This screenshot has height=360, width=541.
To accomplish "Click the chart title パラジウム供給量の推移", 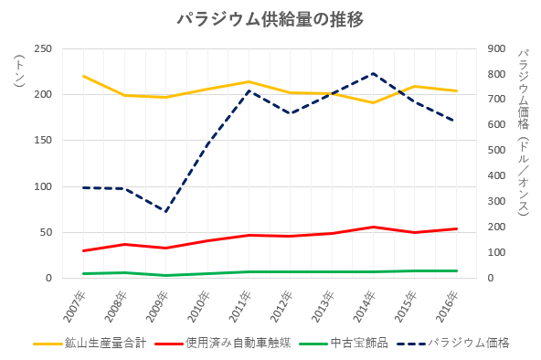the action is pyautogui.click(x=270, y=20).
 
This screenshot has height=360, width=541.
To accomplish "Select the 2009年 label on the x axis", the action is pyautogui.click(x=158, y=307).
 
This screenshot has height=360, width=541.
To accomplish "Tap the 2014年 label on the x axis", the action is pyautogui.click(x=365, y=307).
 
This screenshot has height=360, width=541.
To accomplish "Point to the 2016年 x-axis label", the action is pyautogui.click(x=448, y=307).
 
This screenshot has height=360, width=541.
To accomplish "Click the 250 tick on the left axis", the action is pyautogui.click(x=43, y=48).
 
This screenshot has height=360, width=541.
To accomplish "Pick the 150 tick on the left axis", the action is pyautogui.click(x=43, y=141).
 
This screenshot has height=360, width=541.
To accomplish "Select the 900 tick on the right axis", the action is pyautogui.click(x=496, y=48).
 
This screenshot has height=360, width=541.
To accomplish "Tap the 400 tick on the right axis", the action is pyautogui.click(x=496, y=175).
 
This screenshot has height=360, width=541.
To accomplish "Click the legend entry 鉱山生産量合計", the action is pyautogui.click(x=90, y=344).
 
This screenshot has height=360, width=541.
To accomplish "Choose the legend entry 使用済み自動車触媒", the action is pyautogui.click(x=223, y=344).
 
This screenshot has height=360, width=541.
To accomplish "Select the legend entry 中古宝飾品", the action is pyautogui.click(x=344, y=344).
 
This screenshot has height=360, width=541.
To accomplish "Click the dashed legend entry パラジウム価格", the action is pyautogui.click(x=453, y=344).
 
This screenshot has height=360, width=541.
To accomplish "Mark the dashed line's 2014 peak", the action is pyautogui.click(x=373, y=73).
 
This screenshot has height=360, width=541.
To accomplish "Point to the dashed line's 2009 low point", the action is pyautogui.click(x=166, y=211).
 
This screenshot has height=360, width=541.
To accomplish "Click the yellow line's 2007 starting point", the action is pyautogui.click(x=83, y=76).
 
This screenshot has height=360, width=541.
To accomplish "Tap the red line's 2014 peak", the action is pyautogui.click(x=373, y=227).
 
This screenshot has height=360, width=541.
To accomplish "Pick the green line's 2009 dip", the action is pyautogui.click(x=166, y=276).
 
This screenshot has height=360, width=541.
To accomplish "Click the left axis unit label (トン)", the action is pyautogui.click(x=20, y=70).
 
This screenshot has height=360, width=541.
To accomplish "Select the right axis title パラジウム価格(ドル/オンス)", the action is pyautogui.click(x=524, y=132).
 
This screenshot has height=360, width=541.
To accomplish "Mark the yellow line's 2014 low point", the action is pyautogui.click(x=373, y=102).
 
